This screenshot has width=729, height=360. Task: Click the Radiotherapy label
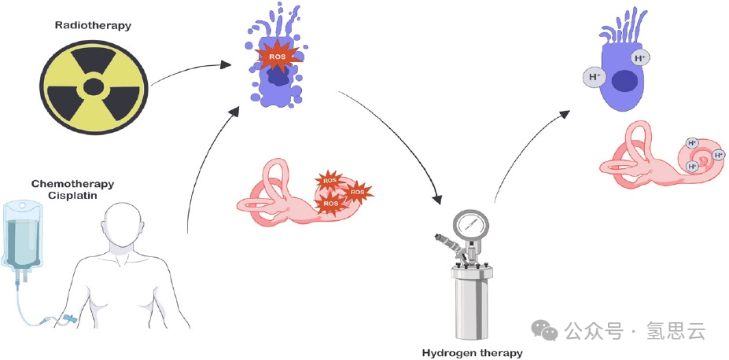click(93, 25)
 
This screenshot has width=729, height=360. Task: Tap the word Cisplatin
click(72, 196)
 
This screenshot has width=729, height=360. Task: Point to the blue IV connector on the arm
click(72, 320)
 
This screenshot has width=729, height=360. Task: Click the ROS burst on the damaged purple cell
click(277, 57)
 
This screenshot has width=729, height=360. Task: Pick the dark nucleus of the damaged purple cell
click(278, 77)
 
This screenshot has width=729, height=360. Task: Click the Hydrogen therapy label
click(472, 353)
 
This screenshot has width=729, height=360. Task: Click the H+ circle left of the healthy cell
click(594, 77)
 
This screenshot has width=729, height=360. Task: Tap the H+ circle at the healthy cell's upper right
click(640, 57)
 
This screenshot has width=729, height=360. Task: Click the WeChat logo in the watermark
click(543, 331)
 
